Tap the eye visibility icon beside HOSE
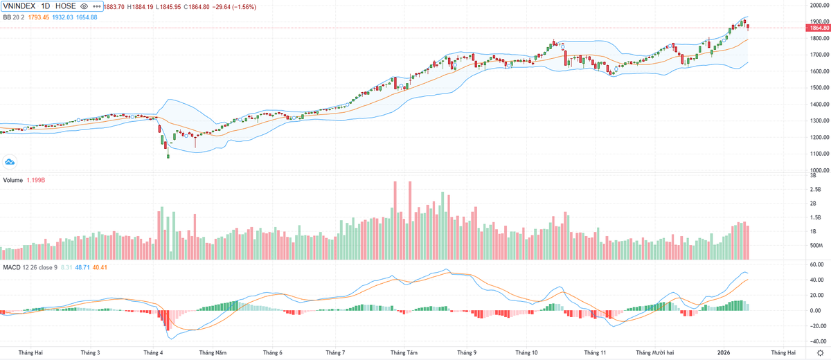[84, 6]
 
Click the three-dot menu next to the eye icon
[96, 6]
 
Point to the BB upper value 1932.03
[62, 17]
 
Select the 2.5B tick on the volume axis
[818, 190]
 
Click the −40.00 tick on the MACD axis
[817, 341]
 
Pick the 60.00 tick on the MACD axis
[818, 264]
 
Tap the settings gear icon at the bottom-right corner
[820, 352]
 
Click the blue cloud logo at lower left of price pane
[10, 162]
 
